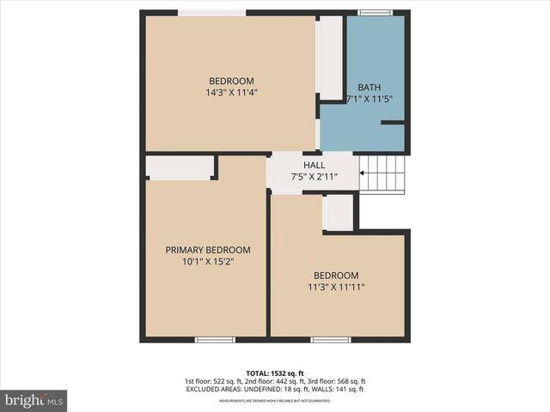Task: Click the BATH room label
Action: pos(370,88)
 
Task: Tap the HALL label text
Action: pos(314,165)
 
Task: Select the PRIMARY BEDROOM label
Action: pos(208,250)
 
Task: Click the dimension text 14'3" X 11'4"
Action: pos(232,93)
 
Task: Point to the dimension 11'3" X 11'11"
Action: pos(337,288)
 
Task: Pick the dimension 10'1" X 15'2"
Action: pos(208,262)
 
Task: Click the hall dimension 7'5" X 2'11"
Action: pos(314,177)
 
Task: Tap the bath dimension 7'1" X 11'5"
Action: pos(370,100)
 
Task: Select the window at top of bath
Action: pos(375,13)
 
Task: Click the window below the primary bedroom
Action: pos(215,339)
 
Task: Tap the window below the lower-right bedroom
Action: pos(331,339)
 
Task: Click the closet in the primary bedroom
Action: pos(180,167)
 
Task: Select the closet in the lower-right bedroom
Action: pos(339,213)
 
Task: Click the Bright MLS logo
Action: pos(34,400)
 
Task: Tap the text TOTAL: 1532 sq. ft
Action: pos(275,373)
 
